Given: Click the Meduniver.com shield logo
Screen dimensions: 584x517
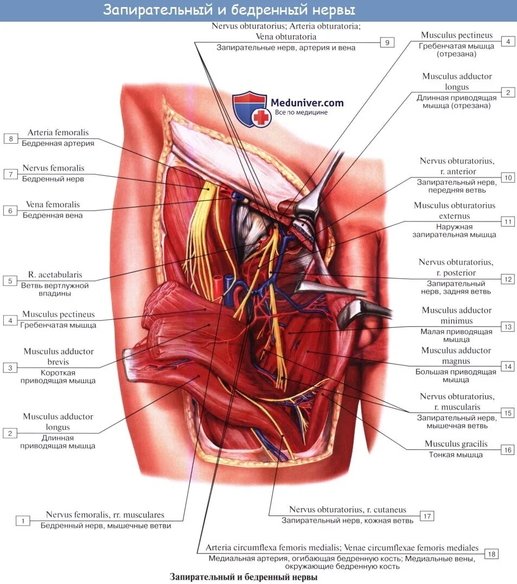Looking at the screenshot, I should click(x=252, y=109).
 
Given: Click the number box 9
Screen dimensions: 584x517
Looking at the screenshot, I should click(x=387, y=42).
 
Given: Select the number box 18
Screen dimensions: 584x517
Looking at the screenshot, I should click(x=491, y=554).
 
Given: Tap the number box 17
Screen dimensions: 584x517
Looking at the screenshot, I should click(x=427, y=516).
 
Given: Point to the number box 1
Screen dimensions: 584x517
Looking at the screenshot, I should click(x=23, y=521).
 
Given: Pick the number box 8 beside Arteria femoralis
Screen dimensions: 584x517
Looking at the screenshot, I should click(x=10, y=139).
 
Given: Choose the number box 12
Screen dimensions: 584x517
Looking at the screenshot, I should click(x=507, y=280).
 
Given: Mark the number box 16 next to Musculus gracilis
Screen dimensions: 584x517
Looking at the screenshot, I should click(x=507, y=449).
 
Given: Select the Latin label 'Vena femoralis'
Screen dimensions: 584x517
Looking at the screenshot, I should click(x=53, y=205).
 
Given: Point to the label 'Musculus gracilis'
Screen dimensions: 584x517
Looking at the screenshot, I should click(x=456, y=444).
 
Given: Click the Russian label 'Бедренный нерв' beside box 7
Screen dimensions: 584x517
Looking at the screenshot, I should click(x=53, y=178).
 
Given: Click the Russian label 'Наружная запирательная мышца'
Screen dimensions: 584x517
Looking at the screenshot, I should click(x=454, y=231).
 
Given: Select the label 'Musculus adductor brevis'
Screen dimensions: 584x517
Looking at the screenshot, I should click(x=58, y=357).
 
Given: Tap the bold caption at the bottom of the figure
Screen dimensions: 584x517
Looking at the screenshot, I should click(x=243, y=577).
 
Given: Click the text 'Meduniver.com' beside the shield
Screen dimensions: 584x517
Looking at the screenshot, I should click(x=307, y=102).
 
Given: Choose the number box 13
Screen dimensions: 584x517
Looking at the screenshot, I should click(x=507, y=327).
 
